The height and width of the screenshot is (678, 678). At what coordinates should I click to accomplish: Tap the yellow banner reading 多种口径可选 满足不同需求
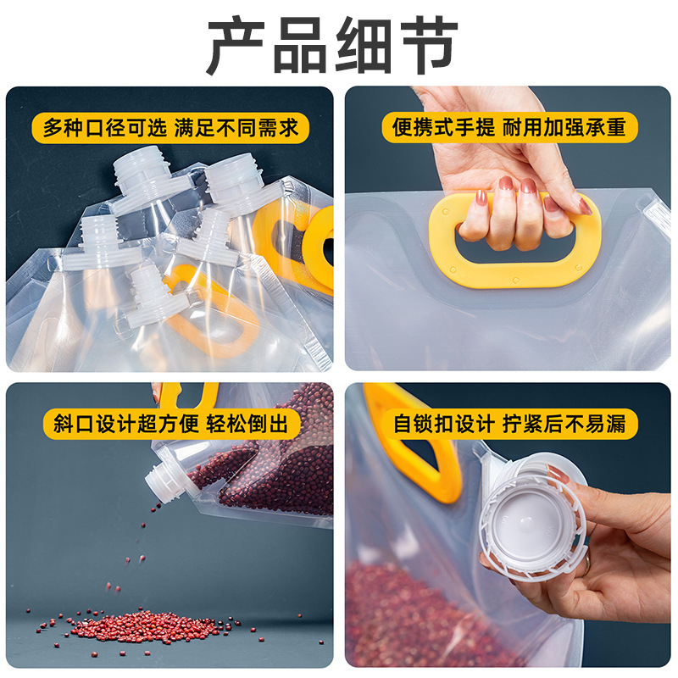click(170, 128)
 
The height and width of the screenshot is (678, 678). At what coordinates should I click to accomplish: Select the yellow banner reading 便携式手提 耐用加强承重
click(508, 128)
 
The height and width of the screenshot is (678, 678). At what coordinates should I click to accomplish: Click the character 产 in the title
click(238, 46)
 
